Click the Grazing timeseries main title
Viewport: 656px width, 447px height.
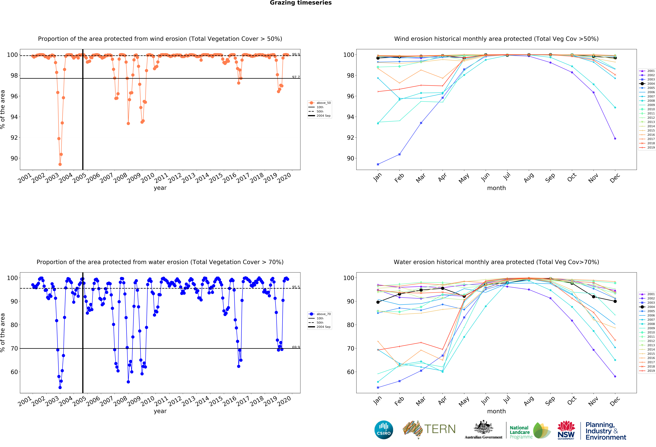pos(301,3)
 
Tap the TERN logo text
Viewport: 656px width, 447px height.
pos(440,429)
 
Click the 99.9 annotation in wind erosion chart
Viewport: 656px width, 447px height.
pos(296,54)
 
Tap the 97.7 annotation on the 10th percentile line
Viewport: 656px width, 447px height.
pos(296,77)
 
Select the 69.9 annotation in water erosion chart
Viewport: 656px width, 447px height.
pos(296,347)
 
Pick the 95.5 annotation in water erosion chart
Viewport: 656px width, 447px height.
pos(296,287)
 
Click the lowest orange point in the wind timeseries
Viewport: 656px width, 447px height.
pos(60,164)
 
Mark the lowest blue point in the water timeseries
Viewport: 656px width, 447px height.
pos(60,387)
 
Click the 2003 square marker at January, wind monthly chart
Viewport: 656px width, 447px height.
pos(378,164)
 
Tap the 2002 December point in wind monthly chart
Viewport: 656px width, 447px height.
pos(615,139)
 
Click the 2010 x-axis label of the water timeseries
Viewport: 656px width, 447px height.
pos(148,401)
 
